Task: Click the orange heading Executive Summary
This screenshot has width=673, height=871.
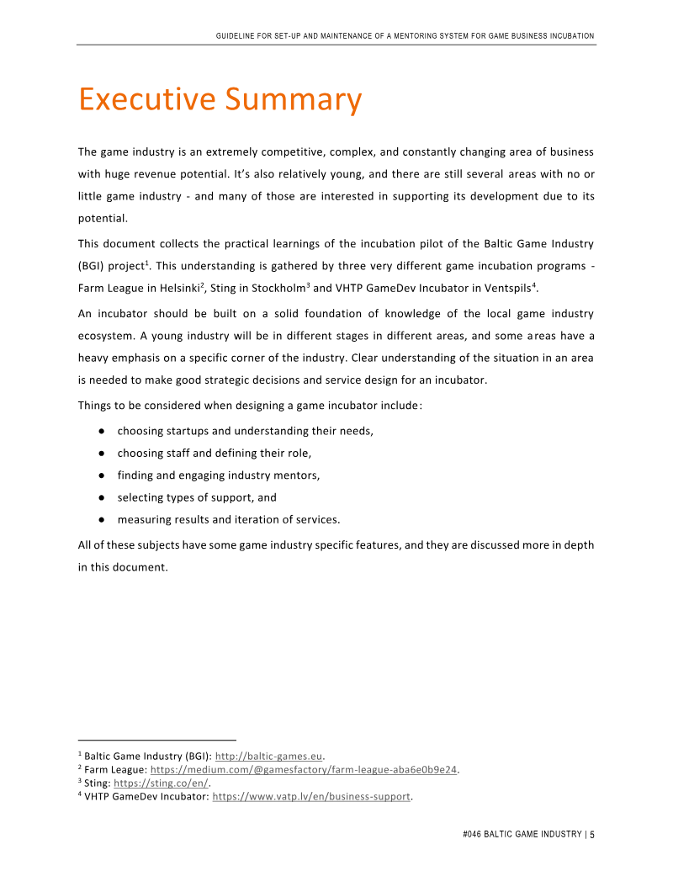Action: pos(220,100)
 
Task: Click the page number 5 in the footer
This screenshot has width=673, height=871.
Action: pos(592,834)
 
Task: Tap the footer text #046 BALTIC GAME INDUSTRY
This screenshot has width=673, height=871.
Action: pos(522,834)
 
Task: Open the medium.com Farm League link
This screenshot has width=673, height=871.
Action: pos(304,769)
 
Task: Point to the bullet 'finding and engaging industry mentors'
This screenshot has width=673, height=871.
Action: pos(218,475)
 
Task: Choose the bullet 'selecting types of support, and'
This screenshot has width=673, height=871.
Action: pos(197,497)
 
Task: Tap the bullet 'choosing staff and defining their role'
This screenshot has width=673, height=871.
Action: pos(214,454)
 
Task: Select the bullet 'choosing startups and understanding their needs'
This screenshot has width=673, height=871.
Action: pos(245,431)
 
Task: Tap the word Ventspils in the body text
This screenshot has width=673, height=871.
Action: pos(506,289)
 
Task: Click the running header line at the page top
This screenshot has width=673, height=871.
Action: pos(405,36)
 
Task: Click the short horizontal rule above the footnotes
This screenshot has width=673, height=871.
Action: pos(157,741)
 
